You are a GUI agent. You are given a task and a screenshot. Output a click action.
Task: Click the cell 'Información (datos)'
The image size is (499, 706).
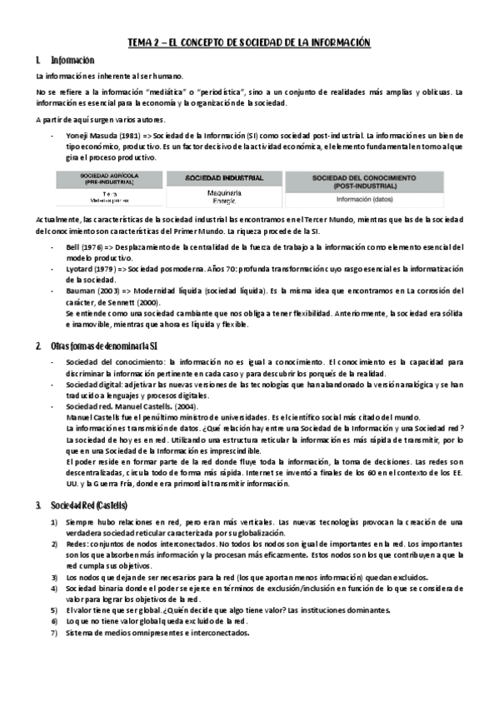(365, 199)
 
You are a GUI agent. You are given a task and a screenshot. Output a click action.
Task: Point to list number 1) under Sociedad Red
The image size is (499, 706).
(54, 521)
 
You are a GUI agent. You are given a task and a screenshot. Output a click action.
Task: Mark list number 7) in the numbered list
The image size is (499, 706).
(54, 632)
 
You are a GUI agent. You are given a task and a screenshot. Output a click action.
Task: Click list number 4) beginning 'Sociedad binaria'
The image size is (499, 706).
(54, 588)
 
